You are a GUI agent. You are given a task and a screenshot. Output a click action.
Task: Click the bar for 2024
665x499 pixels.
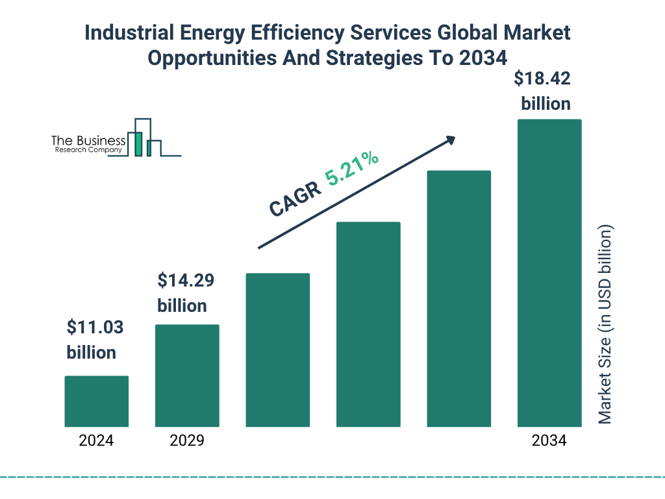(x=96, y=401)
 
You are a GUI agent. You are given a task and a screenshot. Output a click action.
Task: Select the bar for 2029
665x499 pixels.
(x=187, y=376)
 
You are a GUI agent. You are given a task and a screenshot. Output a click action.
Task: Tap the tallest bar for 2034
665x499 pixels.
(x=549, y=273)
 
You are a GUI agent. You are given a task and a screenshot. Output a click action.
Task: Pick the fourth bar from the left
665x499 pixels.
(x=368, y=324)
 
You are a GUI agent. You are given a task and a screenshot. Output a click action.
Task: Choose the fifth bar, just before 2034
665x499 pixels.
(x=458, y=299)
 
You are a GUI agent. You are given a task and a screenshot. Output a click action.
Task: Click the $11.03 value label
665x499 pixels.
(x=95, y=340)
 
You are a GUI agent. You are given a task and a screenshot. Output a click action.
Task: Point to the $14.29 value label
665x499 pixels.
(x=186, y=293)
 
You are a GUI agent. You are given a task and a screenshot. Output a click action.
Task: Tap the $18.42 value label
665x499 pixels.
(x=543, y=91)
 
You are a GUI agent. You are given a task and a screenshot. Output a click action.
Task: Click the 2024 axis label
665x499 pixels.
(x=96, y=441)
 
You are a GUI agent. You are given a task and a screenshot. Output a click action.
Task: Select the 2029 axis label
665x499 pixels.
(x=187, y=441)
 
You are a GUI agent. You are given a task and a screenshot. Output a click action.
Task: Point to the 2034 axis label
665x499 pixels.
(x=549, y=441)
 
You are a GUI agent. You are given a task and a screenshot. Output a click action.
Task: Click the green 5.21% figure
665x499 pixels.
(x=353, y=168)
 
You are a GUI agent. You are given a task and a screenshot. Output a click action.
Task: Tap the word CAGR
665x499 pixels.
(x=295, y=199)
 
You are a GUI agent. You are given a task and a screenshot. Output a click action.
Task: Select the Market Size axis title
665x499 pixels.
(x=605, y=324)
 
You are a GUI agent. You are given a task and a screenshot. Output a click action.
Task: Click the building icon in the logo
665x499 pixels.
(x=144, y=138)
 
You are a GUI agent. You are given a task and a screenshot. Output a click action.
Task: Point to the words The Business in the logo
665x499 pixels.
(x=88, y=141)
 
